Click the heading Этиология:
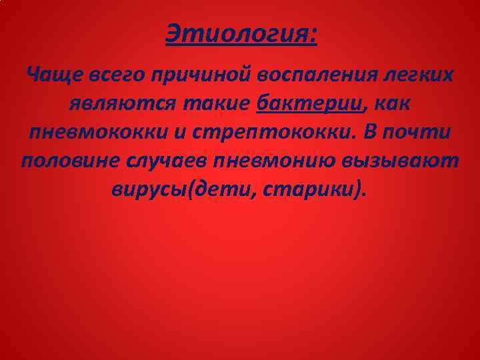pyautogui.click(x=241, y=33)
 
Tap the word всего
pyautogui.click(x=109, y=73)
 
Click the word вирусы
pyautogui.click(x=150, y=190)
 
